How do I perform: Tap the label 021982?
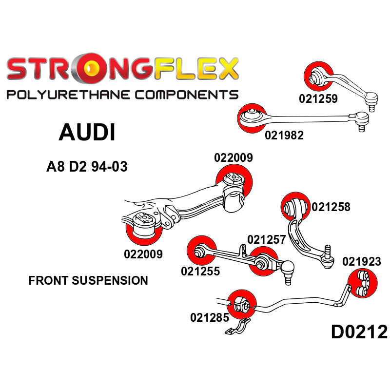pyautogui.click(x=284, y=136)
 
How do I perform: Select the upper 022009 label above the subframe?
pyautogui.click(x=233, y=158)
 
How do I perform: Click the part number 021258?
pyautogui.click(x=331, y=207)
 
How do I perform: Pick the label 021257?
pyautogui.click(x=266, y=240)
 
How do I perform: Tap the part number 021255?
pyautogui.click(x=200, y=271)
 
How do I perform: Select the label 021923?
pyautogui.click(x=361, y=262)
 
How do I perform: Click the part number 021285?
pyautogui.click(x=210, y=318)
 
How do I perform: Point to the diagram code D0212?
pyautogui.click(x=359, y=332)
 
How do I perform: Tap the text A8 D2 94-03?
pyautogui.click(x=87, y=167)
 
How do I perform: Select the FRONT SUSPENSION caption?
pyautogui.click(x=88, y=281)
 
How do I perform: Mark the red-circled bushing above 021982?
pyautogui.click(x=252, y=117)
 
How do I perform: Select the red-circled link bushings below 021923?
pyautogui.click(x=363, y=284)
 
